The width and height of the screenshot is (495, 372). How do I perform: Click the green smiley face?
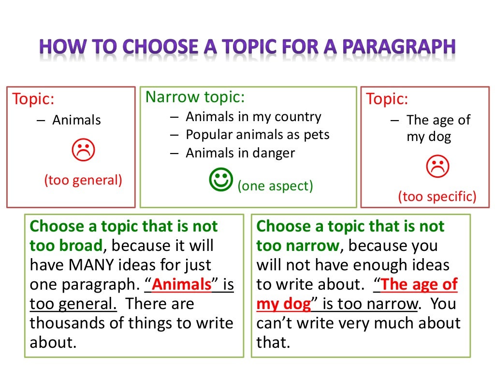pos(222,180)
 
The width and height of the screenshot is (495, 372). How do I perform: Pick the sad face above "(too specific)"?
pos(437,167)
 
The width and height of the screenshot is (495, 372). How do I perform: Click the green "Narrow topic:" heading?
pos(195,97)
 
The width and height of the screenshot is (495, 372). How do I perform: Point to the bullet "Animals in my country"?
pos(253,117)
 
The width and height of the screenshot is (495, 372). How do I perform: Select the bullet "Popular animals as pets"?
pos(258,135)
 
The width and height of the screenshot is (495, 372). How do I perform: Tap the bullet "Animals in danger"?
pos(240,153)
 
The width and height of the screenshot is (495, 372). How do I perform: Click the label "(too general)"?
pos(83,180)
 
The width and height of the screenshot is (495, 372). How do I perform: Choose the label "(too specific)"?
pos(437,196)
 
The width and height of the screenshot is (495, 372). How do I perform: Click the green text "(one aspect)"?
pos(275,186)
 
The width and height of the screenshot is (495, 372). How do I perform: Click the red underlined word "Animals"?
pos(182,285)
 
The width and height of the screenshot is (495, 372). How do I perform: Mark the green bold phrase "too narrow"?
pos(298,246)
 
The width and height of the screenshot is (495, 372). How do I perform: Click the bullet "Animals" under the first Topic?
pos(76,120)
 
